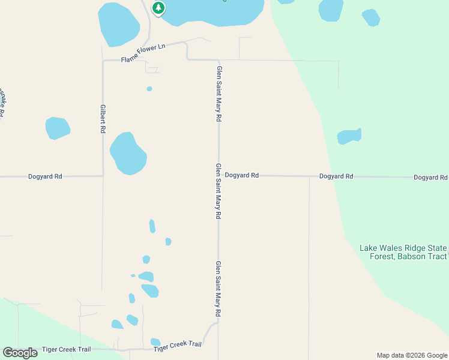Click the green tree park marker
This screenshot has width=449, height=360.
[x=158, y=8]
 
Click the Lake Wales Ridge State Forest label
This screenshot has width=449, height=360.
[x=403, y=248]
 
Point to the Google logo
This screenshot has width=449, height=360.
[x=20, y=353]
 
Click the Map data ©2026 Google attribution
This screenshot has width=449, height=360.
[x=412, y=355]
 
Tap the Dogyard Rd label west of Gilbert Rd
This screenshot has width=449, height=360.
[x=45, y=176]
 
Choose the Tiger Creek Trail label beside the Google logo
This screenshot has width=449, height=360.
[x=66, y=349]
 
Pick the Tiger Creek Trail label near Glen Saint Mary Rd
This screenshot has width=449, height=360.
[x=177, y=345]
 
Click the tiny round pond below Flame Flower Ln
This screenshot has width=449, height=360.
[x=149, y=89]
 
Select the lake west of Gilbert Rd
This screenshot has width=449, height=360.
[x=58, y=128]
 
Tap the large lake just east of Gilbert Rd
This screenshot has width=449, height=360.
[x=128, y=154]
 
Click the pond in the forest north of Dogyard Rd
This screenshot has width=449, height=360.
[x=349, y=136]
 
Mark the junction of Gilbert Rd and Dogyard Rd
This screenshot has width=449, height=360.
[x=103, y=176]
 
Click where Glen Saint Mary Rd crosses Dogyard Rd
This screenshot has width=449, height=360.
[x=218, y=175]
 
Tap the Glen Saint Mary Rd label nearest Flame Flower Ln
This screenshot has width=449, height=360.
[x=218, y=94]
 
